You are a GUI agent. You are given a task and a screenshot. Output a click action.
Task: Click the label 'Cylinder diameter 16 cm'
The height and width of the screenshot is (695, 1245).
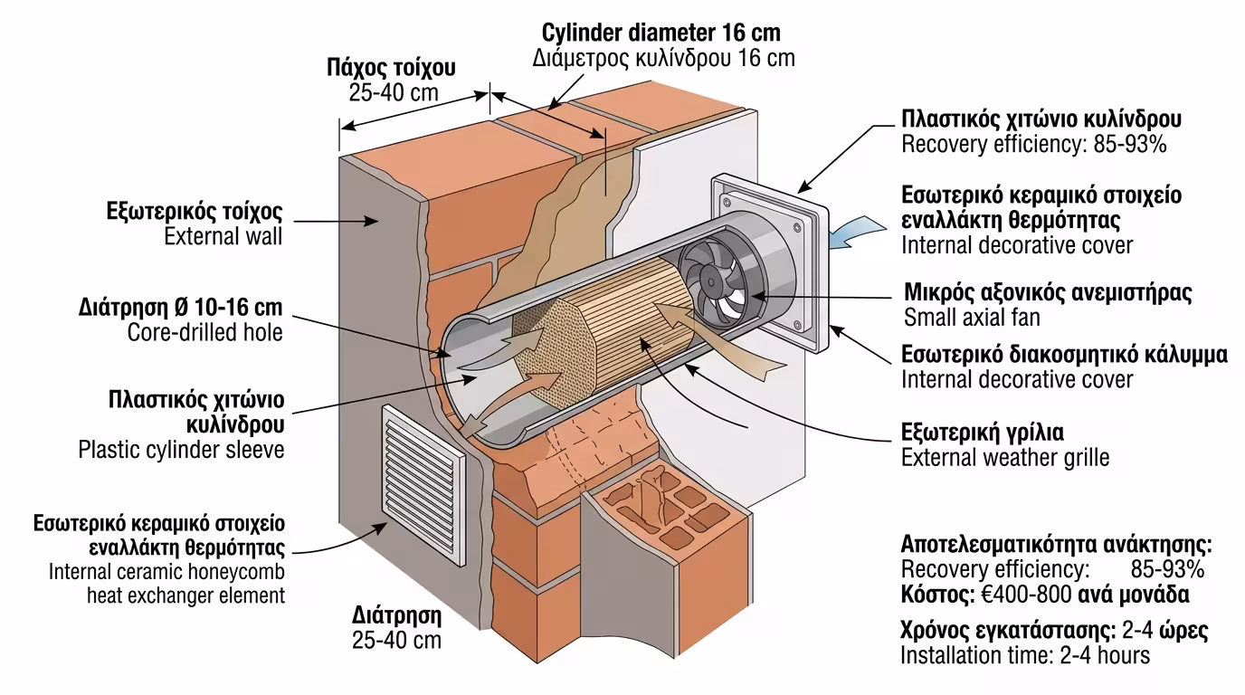661,33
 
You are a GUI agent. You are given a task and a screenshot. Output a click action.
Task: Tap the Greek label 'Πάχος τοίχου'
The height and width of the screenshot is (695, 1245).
391,68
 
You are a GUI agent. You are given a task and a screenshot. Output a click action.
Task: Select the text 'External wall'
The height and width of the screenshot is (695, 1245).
223,237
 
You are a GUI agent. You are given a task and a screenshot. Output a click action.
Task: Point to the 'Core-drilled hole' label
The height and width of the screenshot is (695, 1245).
204,332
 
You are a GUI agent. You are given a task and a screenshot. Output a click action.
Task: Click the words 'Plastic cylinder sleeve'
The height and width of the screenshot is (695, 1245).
181,449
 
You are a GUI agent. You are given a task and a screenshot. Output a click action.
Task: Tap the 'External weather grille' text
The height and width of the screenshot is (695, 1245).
1004,457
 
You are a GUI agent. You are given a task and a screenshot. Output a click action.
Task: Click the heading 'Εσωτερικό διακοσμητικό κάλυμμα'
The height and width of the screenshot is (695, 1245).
1064,354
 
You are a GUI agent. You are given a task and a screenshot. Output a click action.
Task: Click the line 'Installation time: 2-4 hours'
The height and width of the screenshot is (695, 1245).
1025,655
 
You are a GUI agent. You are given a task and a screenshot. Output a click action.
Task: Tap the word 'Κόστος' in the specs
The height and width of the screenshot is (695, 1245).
935,595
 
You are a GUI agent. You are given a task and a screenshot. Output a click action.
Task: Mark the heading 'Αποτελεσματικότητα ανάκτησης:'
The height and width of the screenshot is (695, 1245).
1056,545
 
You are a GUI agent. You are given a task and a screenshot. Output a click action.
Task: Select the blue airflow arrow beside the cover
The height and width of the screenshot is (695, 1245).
854,233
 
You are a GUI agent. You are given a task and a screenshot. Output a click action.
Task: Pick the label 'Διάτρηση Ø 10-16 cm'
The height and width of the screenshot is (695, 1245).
181,307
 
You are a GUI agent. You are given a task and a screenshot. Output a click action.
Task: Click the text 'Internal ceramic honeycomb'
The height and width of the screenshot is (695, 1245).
166,572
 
